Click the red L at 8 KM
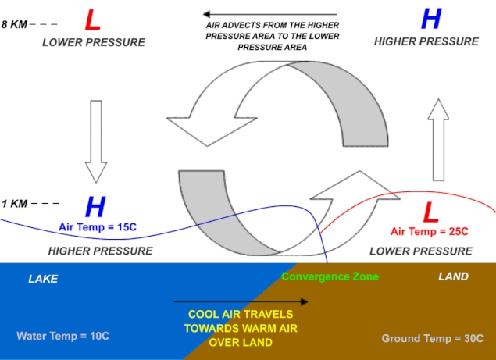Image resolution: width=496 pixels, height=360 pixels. (x=93, y=20)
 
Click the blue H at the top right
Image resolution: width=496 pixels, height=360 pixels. (x=431, y=19)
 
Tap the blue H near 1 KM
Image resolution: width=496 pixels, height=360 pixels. (x=95, y=207)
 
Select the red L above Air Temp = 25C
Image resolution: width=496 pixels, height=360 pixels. (x=431, y=212)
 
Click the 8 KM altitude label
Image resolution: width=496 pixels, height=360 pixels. (x=14, y=24)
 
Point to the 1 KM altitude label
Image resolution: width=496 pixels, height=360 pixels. (x=14, y=203)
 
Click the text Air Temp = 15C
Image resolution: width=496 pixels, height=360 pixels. (x=98, y=226)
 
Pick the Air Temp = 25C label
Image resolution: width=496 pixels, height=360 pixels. (x=430, y=231)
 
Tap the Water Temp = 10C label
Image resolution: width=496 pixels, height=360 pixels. (x=63, y=336)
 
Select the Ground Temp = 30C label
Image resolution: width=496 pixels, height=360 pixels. (x=433, y=338)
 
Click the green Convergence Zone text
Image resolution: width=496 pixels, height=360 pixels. (x=330, y=276)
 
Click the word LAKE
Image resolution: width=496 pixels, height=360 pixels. (x=43, y=279)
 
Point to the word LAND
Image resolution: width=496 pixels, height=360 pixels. (x=453, y=276)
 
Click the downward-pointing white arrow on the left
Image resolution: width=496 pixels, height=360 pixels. (x=96, y=141)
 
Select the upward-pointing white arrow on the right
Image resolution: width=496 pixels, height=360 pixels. (x=438, y=140)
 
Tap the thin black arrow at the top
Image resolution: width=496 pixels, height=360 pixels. (x=269, y=14)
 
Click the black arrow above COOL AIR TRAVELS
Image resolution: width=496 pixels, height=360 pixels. (x=241, y=301)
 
